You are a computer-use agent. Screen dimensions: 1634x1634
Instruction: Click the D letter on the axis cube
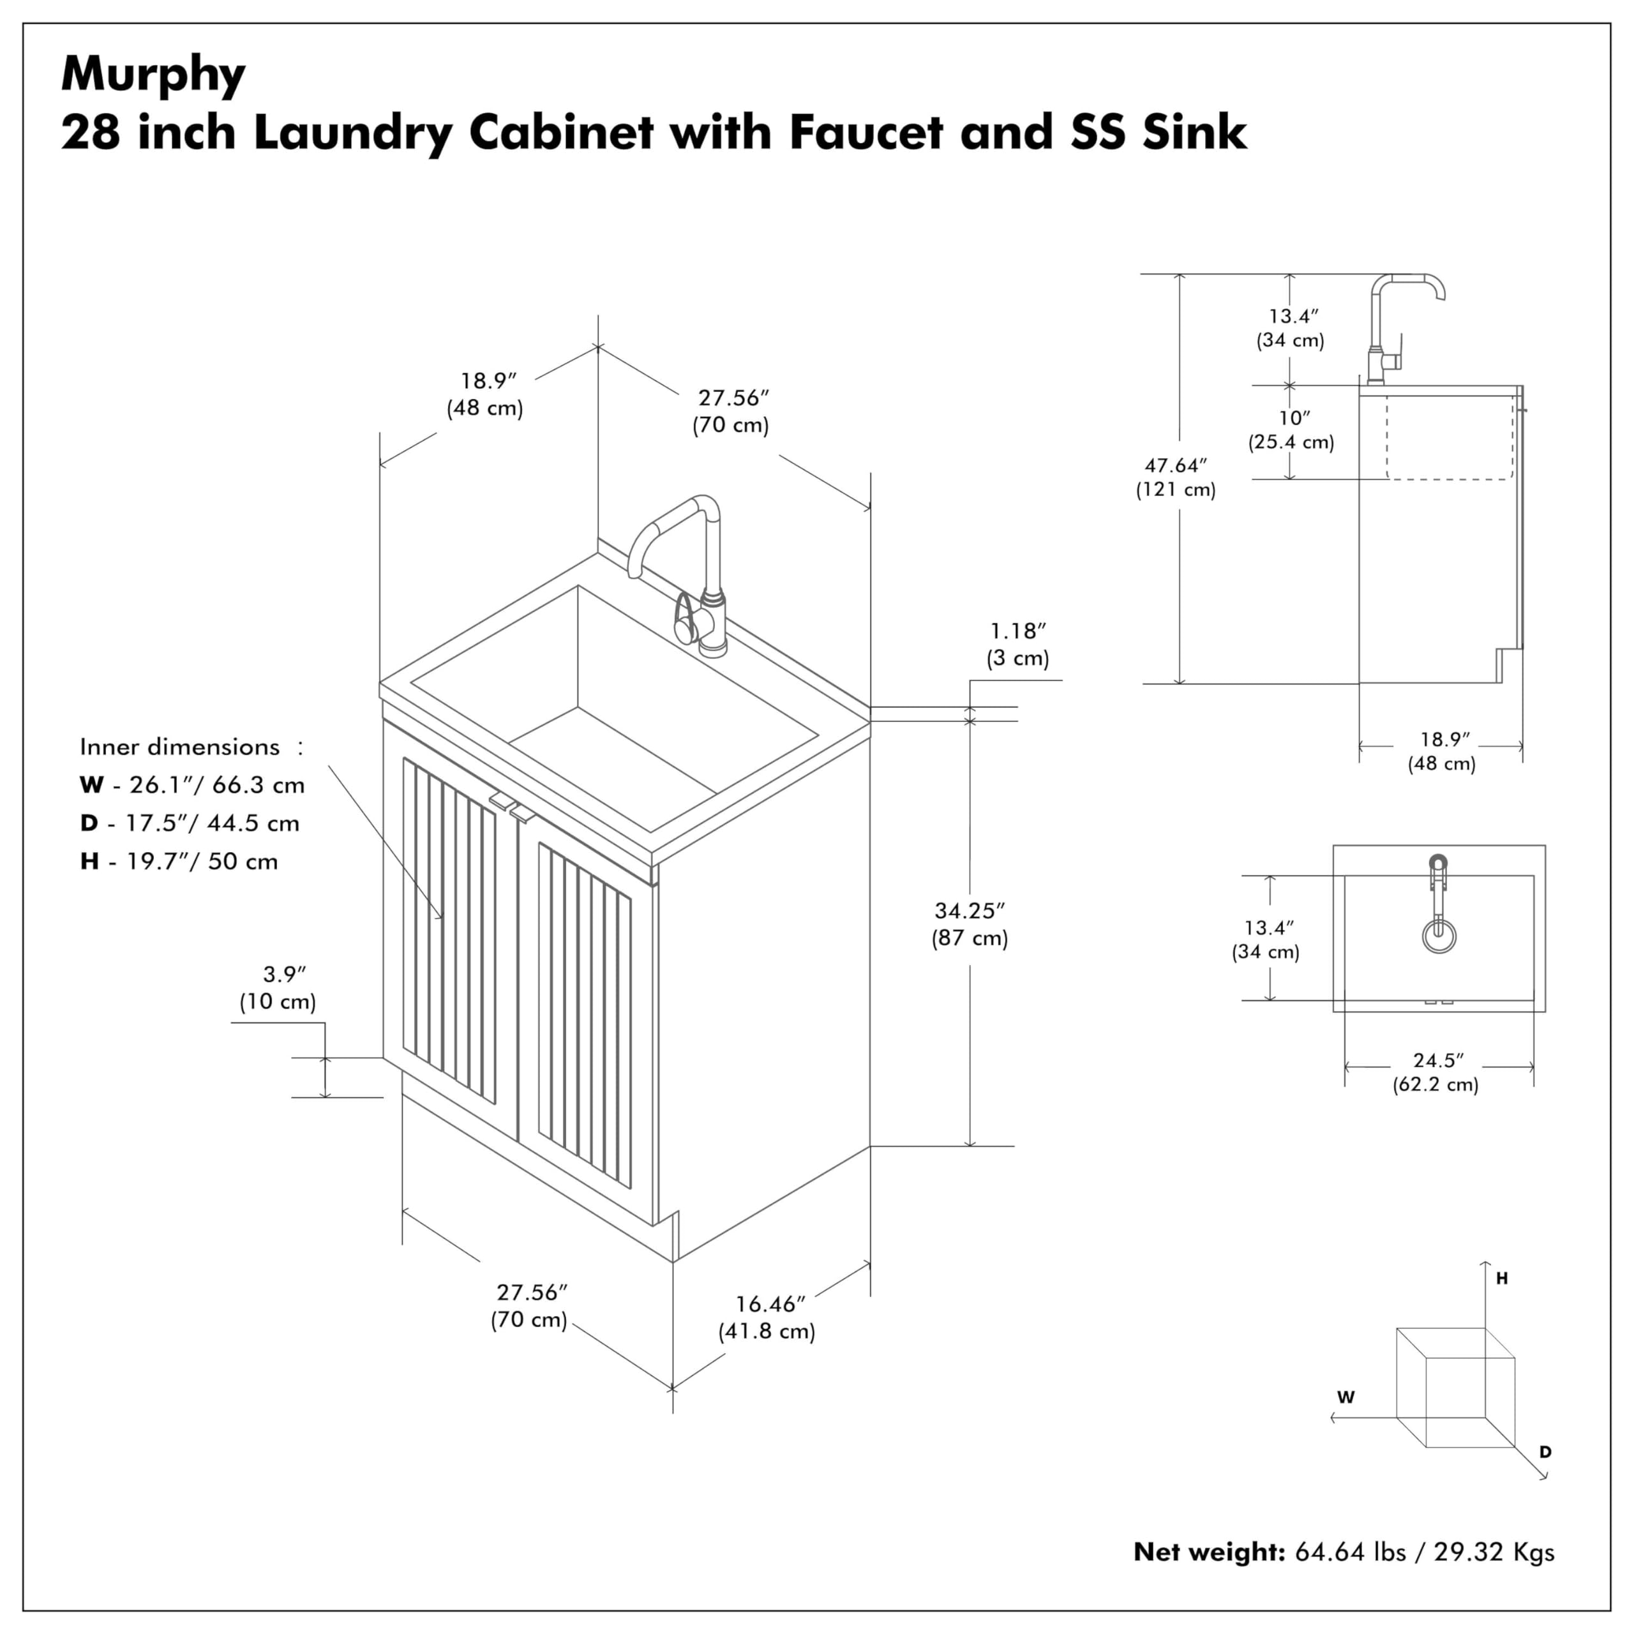1545,1452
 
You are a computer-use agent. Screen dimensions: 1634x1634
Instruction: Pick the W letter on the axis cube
1346,1397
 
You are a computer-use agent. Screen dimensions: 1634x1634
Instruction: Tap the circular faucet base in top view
1439,936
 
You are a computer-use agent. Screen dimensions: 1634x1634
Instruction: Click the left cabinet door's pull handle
502,800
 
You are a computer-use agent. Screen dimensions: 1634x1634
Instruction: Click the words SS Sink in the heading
1158,133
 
